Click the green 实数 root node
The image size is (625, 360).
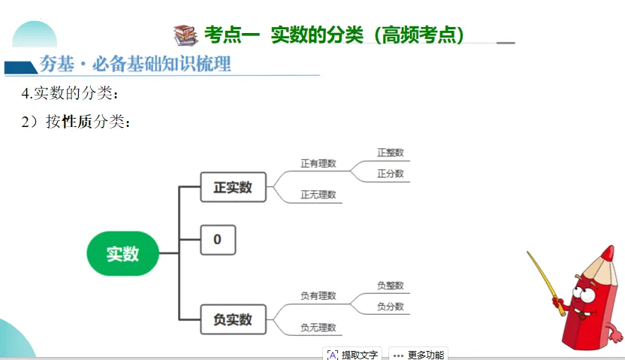[x=122, y=253]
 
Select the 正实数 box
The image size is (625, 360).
[x=233, y=187]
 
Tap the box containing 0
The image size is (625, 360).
[x=218, y=240]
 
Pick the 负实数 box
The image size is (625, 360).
[x=233, y=319]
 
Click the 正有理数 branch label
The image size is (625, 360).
[x=319, y=163]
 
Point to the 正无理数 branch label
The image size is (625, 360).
[x=319, y=195]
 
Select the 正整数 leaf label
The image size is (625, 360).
[x=391, y=153]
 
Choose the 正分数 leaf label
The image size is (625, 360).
[x=391, y=174]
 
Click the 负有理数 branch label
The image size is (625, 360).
[x=319, y=295]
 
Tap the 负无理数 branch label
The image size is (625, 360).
[x=319, y=327]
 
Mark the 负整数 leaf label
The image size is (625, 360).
[x=391, y=286]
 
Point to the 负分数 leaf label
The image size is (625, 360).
[x=391, y=307]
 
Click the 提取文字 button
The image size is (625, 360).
[x=353, y=355]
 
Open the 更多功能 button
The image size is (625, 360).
[x=418, y=355]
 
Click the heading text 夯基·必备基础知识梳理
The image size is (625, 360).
[x=135, y=64]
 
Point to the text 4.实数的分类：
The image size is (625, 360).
[x=71, y=94]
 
